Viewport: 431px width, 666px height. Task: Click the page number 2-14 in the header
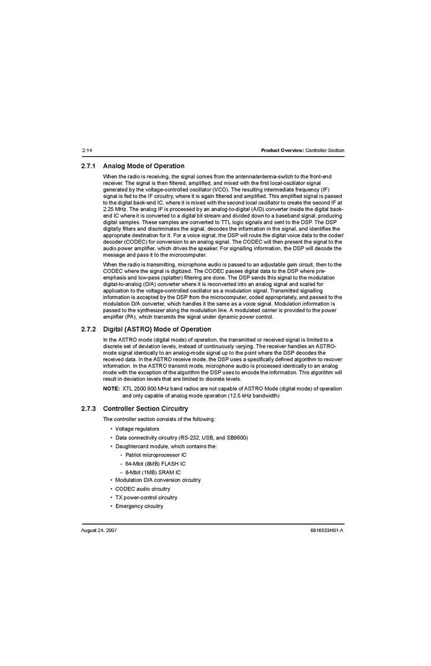[x=87, y=151]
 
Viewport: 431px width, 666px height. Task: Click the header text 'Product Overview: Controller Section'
[x=302, y=151]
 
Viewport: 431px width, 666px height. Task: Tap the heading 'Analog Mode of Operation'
[x=143, y=166]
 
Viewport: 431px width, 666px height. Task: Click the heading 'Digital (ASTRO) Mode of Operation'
[x=157, y=329]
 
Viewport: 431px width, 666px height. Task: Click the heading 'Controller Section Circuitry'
[x=145, y=409]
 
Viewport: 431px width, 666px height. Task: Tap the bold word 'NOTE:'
[x=111, y=389]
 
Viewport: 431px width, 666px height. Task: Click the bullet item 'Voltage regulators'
[x=137, y=429]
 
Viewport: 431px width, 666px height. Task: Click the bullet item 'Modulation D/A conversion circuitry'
[x=158, y=481]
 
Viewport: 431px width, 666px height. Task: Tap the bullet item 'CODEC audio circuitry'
[x=143, y=489]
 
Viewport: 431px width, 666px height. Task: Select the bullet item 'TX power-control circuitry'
[x=146, y=497]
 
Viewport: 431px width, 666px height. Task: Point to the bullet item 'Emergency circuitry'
[x=139, y=506]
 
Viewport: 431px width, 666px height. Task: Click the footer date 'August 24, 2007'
[x=99, y=531]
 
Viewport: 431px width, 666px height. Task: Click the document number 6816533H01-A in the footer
[x=327, y=531]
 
